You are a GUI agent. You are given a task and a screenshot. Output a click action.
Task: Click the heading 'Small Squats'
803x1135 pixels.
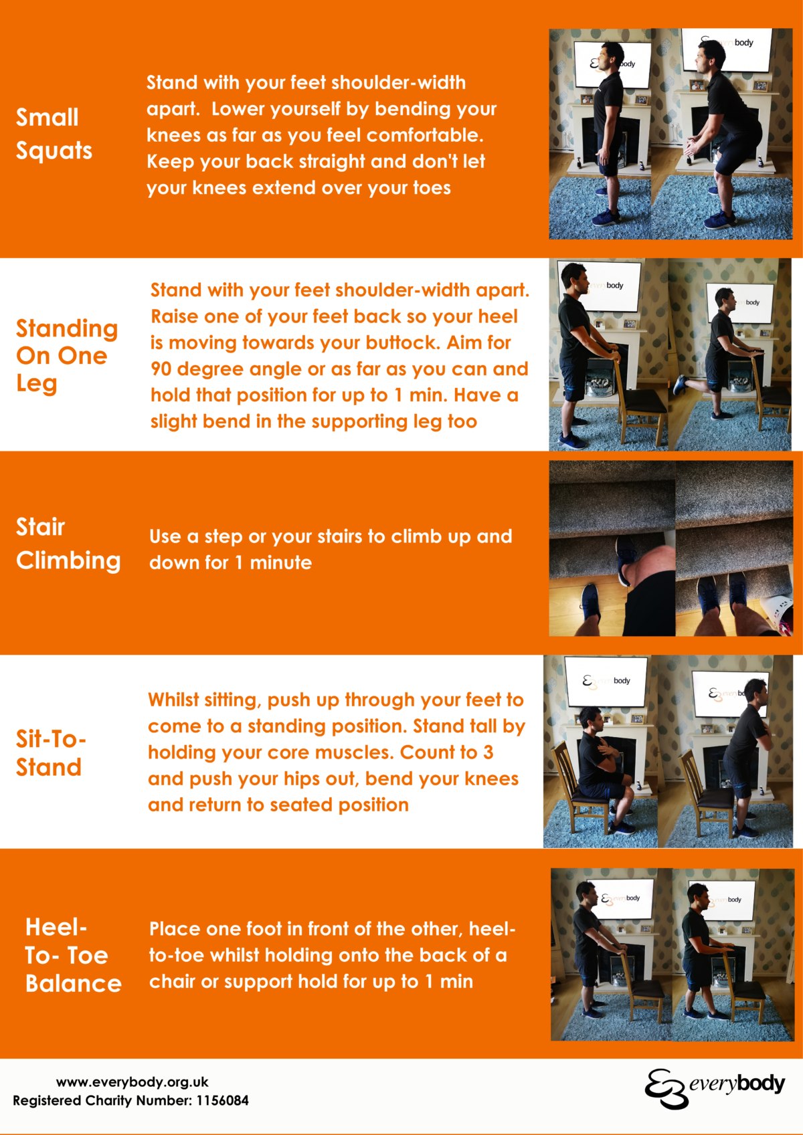[54, 134]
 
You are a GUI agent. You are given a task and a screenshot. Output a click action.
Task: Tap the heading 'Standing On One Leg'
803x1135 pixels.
[66, 356]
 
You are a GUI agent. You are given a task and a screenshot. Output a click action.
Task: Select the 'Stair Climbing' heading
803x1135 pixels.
[68, 543]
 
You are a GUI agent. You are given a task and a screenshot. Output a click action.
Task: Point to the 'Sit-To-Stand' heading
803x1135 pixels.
[51, 753]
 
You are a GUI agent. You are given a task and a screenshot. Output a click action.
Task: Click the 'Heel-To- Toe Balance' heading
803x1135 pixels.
[73, 955]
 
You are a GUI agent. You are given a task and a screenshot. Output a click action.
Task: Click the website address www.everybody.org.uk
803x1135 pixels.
[132, 1082]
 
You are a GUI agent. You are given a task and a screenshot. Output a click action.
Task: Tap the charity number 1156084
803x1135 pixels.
[222, 1101]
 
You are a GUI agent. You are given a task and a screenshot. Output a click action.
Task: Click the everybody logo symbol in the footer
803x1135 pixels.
[666, 1088]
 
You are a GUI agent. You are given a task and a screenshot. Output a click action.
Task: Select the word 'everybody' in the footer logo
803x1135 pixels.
[737, 1084]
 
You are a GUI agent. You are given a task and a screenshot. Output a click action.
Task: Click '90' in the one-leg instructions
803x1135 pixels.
[161, 369]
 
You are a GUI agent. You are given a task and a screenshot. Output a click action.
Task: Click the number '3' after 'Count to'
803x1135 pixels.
[488, 752]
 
